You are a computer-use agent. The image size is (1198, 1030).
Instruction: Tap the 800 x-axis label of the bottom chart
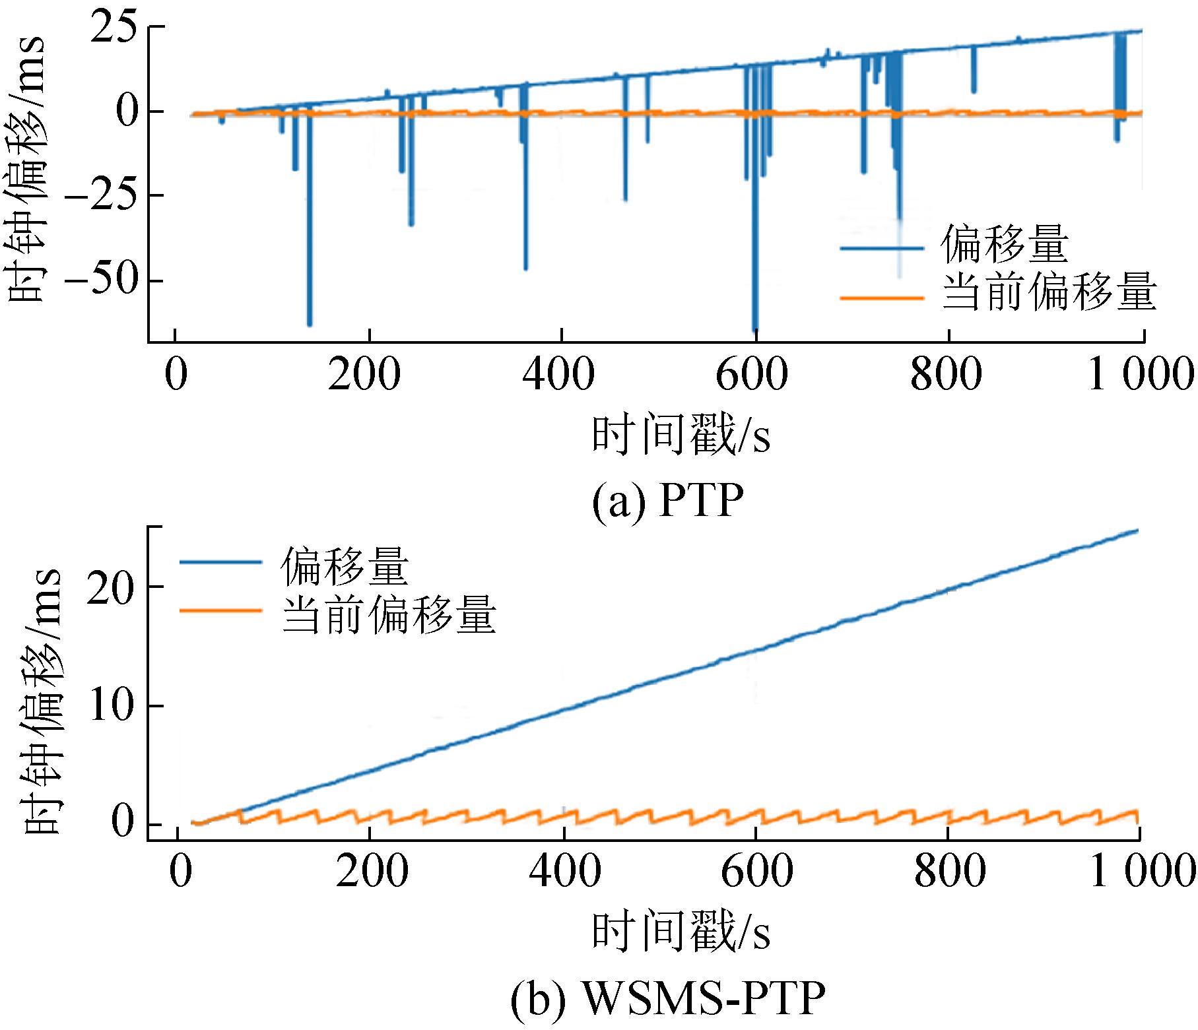point(950,871)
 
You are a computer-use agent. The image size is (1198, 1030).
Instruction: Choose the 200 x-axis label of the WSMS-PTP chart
point(372,871)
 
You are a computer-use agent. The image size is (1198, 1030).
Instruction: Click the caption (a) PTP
point(667,502)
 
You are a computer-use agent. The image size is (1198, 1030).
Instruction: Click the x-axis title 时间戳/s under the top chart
point(681,436)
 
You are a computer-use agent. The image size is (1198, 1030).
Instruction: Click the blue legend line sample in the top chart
point(881,248)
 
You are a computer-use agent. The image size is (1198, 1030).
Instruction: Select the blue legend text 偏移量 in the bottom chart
point(344,565)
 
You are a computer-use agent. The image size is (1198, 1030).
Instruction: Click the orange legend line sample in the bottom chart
point(220,611)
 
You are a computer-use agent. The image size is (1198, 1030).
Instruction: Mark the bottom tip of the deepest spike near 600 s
point(755,329)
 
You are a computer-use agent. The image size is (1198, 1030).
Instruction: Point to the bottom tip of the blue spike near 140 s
point(309,324)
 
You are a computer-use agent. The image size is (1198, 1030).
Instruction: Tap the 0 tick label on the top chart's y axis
point(127,111)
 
